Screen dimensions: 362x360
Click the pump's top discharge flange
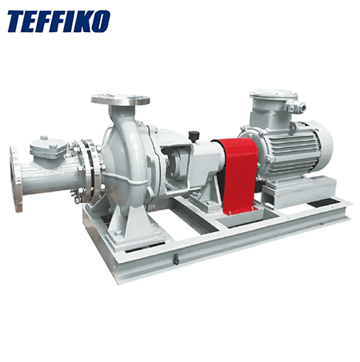click(x=120, y=100)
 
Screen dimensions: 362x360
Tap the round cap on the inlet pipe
click(x=46, y=145)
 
